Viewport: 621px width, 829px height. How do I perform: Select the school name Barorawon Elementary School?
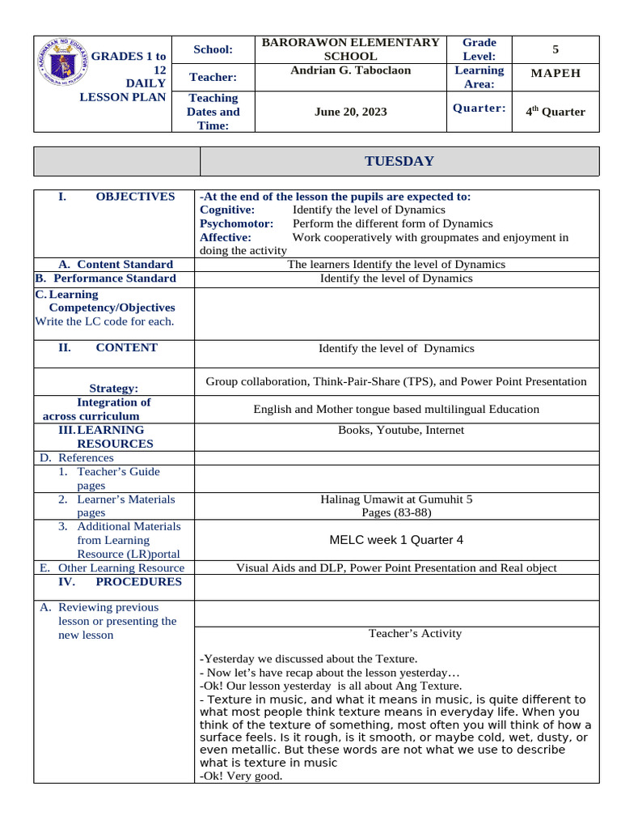350,49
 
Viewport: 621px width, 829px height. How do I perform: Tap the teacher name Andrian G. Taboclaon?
350,70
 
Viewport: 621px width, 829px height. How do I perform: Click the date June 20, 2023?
350,112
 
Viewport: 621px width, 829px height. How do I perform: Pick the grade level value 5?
556,49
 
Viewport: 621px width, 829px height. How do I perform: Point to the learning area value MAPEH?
556,74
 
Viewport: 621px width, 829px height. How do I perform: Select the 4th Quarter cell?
556,112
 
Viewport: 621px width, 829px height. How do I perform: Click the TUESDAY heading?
399,161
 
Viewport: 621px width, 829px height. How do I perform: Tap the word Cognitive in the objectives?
227,210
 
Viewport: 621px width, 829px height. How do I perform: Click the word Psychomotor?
236,223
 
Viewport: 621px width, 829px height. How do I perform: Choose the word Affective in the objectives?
226,237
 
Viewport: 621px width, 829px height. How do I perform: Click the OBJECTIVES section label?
134,196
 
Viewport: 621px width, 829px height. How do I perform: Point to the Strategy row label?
113,389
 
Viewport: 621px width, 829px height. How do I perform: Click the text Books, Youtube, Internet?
396,430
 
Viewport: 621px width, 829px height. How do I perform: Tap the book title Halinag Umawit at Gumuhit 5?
396,500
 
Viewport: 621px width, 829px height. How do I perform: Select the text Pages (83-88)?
396,512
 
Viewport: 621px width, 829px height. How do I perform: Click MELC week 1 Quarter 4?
396,540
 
